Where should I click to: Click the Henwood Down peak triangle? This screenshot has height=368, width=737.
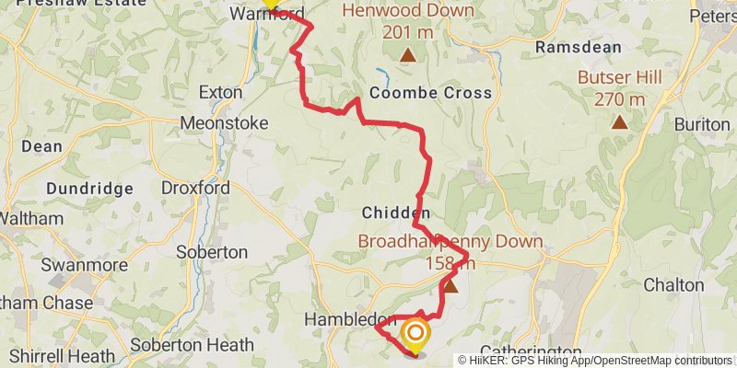tap(407, 55)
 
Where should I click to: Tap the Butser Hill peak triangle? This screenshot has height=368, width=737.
tap(620, 121)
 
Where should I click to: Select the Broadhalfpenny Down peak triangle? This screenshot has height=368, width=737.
tap(450, 286)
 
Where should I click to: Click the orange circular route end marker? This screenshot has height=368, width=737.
tap(415, 333)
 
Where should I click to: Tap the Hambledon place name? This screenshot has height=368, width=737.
tap(349, 319)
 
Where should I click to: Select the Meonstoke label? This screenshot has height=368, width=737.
tap(224, 122)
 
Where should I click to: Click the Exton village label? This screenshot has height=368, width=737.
tap(221, 93)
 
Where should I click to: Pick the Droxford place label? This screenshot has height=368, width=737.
tap(195, 188)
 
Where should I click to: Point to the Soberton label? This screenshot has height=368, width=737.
tap(217, 251)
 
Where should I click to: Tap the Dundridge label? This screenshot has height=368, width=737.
tap(91, 189)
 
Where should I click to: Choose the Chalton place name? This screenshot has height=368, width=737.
tap(673, 285)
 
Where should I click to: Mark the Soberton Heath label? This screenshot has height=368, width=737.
tap(192, 346)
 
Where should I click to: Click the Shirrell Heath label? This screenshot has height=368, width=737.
tap(58, 356)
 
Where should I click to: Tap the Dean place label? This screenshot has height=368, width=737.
tap(42, 145)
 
